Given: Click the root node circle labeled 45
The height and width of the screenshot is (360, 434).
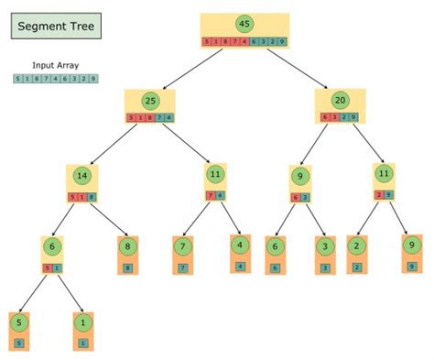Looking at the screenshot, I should [244, 25].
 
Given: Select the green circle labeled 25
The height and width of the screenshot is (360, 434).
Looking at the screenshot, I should [150, 100].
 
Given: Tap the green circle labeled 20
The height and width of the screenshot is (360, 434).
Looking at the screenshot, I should [340, 100].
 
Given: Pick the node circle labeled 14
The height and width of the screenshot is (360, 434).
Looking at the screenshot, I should [81, 176].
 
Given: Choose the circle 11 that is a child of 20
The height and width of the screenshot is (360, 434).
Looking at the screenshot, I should [384, 174].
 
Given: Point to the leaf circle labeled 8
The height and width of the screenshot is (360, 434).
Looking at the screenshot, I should [127, 246].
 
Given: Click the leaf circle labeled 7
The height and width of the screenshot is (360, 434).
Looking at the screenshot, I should [184, 246].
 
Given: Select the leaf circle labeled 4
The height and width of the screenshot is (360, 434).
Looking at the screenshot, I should [240, 245].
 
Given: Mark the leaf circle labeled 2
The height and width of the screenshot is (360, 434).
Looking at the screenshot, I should [356, 245].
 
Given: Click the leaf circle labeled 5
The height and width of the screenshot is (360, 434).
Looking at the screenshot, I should [18, 322].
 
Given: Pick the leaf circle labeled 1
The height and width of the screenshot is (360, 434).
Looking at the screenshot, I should [83, 322].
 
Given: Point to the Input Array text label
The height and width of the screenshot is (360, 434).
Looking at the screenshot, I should [54, 66].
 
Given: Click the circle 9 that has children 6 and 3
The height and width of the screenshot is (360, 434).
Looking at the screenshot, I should [300, 177].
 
